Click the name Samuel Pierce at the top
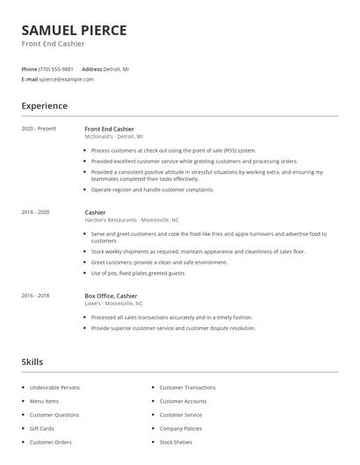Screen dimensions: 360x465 (74, 30)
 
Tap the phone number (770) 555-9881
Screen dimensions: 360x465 (57, 68)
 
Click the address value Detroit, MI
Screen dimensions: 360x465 (118, 68)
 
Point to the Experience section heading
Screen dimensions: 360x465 (44, 106)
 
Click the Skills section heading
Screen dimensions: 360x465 (32, 361)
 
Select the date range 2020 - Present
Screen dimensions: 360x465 (39, 129)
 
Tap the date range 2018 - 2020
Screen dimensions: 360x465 (35, 212)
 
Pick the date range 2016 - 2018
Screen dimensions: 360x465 (35, 296)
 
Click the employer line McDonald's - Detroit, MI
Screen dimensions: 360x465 (113, 137)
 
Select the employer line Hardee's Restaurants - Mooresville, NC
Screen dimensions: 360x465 (131, 220)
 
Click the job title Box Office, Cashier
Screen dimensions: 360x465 (111, 296)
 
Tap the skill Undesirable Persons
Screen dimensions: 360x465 (54, 387)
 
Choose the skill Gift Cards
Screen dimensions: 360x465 (41, 428)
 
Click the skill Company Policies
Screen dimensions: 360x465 (182, 428)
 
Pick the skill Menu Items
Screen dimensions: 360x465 (44, 401)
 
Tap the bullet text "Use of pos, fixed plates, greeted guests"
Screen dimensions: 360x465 (138, 273)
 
